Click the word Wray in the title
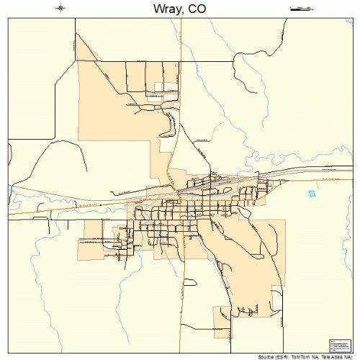[164, 9]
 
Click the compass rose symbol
[60, 9]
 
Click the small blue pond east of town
[312, 194]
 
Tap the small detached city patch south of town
[222, 320]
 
